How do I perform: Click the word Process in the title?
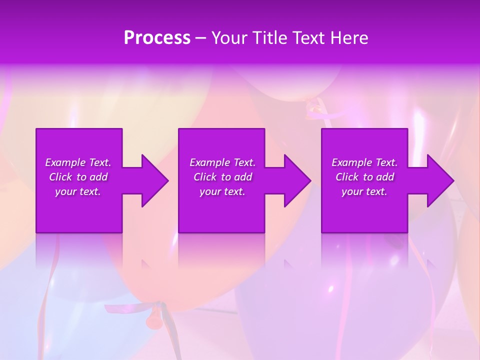(x=157, y=38)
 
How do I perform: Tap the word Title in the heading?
(x=269, y=38)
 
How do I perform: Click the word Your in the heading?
(x=229, y=38)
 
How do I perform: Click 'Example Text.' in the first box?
(x=78, y=162)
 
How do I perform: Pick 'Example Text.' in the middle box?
(x=222, y=162)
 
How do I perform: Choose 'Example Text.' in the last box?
(x=364, y=162)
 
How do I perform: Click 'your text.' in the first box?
(x=78, y=191)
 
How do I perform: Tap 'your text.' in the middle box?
(x=222, y=191)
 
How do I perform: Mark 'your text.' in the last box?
(x=364, y=191)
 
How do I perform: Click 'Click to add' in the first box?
(x=78, y=177)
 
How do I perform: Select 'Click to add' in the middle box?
(x=222, y=177)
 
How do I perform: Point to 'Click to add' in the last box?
(x=364, y=177)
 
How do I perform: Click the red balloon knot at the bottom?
(x=154, y=317)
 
